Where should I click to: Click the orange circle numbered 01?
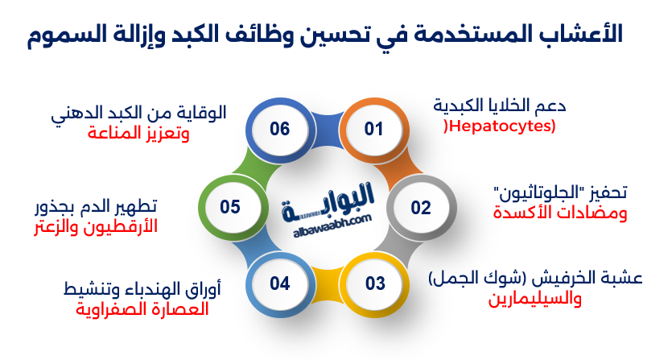coord(373,130)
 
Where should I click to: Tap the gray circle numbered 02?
coord(421,208)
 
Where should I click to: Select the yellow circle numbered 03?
coord(376,283)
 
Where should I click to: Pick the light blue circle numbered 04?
coord(279,283)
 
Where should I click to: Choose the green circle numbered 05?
coord(230,207)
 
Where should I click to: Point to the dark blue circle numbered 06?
coord(279,130)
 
